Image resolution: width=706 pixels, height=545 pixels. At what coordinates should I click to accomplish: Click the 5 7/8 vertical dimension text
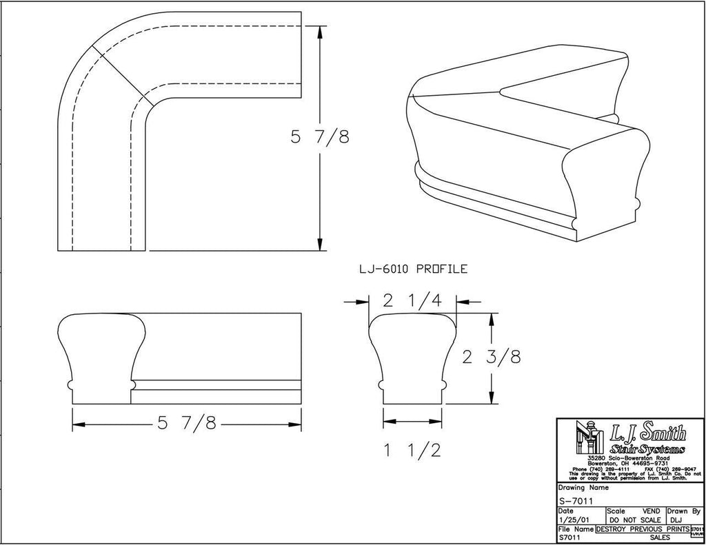(x=319, y=138)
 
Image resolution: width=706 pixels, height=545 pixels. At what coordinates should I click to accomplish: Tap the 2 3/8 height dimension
(x=490, y=357)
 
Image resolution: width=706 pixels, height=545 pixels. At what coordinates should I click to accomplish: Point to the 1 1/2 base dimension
(x=412, y=450)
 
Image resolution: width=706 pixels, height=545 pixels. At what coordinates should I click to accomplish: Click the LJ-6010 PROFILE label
(x=412, y=269)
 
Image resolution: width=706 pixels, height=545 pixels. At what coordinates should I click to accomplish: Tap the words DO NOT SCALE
(x=634, y=520)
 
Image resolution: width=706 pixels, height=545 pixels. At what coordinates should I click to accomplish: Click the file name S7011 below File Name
(x=569, y=537)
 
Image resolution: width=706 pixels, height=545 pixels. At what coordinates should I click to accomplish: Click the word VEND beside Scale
(x=652, y=511)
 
